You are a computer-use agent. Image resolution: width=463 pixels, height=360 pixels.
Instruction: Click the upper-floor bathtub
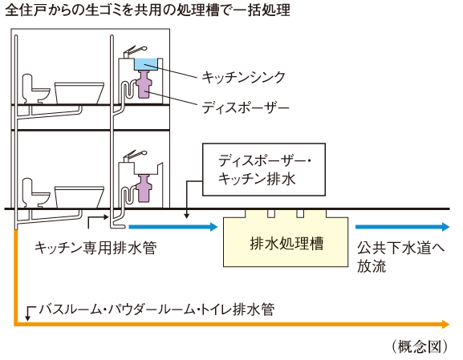(x=80, y=91)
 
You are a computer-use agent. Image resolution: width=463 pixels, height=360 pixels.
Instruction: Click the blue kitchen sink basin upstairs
(x=147, y=64)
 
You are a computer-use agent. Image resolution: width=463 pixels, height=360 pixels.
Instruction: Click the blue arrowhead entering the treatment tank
(x=213, y=227)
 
